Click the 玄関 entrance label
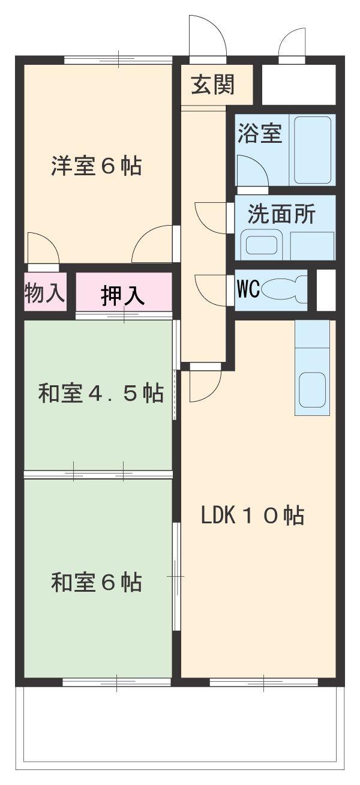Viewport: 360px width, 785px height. click(x=212, y=85)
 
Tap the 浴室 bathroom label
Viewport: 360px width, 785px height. click(x=259, y=133)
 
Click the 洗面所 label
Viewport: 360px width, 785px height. click(x=281, y=214)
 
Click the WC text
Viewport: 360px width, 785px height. click(x=248, y=289)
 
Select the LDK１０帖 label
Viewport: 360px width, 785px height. click(x=252, y=516)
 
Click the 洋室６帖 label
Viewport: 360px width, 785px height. click(x=96, y=166)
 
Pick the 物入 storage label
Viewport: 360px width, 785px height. click(x=44, y=293)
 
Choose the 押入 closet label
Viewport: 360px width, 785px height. click(x=122, y=296)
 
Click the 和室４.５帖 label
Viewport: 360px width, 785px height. click(x=101, y=394)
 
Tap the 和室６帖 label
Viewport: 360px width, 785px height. click(x=96, y=582)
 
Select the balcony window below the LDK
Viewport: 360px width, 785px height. click(x=263, y=682)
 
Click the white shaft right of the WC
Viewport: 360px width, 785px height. click(x=326, y=290)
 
